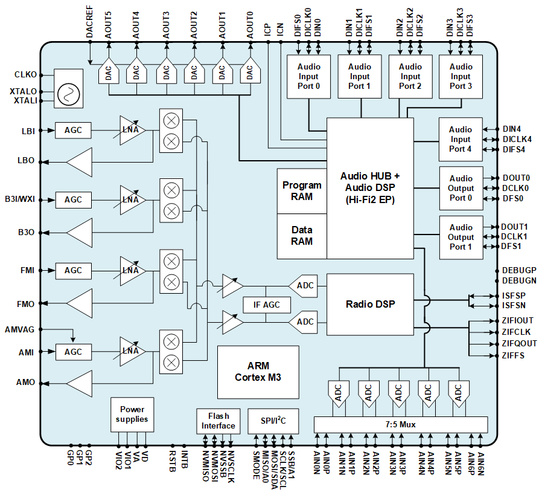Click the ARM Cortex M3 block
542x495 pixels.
tap(258, 372)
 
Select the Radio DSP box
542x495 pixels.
tap(370, 304)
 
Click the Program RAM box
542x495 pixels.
tap(302, 190)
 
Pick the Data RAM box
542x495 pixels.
tap(302, 235)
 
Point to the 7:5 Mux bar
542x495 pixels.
tap(400, 424)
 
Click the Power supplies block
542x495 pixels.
tap(132, 414)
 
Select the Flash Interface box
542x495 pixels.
tap(218, 421)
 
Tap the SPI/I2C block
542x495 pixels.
tap(273, 421)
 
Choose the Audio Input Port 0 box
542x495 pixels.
tap(309, 76)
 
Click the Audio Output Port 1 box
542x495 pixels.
tap(461, 237)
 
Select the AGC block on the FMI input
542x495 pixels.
tap(73, 271)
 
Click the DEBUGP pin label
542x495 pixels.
tap(519, 270)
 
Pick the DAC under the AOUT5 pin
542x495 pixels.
tap(109, 74)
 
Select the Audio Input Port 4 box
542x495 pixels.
tap(461, 139)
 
